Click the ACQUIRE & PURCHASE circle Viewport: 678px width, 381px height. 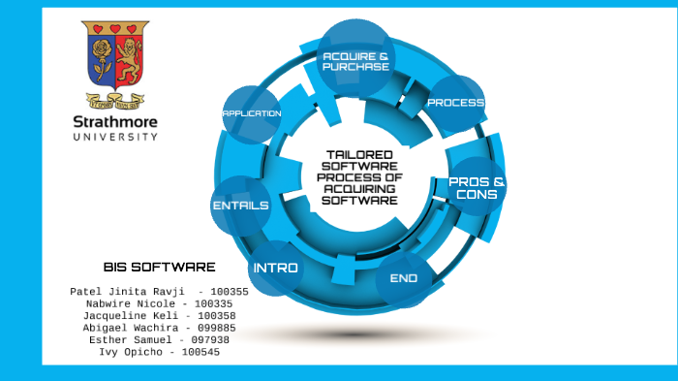click(x=355, y=61)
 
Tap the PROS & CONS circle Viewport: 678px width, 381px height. click(x=477, y=187)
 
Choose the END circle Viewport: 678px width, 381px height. click(x=403, y=278)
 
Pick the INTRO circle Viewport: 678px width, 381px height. click(x=276, y=268)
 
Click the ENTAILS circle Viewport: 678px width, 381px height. click(x=240, y=206)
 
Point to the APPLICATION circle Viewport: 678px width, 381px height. click(x=252, y=113)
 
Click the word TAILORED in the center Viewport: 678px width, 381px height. click(x=359, y=154)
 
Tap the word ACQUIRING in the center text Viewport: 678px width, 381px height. click(x=359, y=189)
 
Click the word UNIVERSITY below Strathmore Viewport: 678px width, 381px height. click(x=115, y=137)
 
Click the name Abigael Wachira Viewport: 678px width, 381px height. click(x=125, y=328)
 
